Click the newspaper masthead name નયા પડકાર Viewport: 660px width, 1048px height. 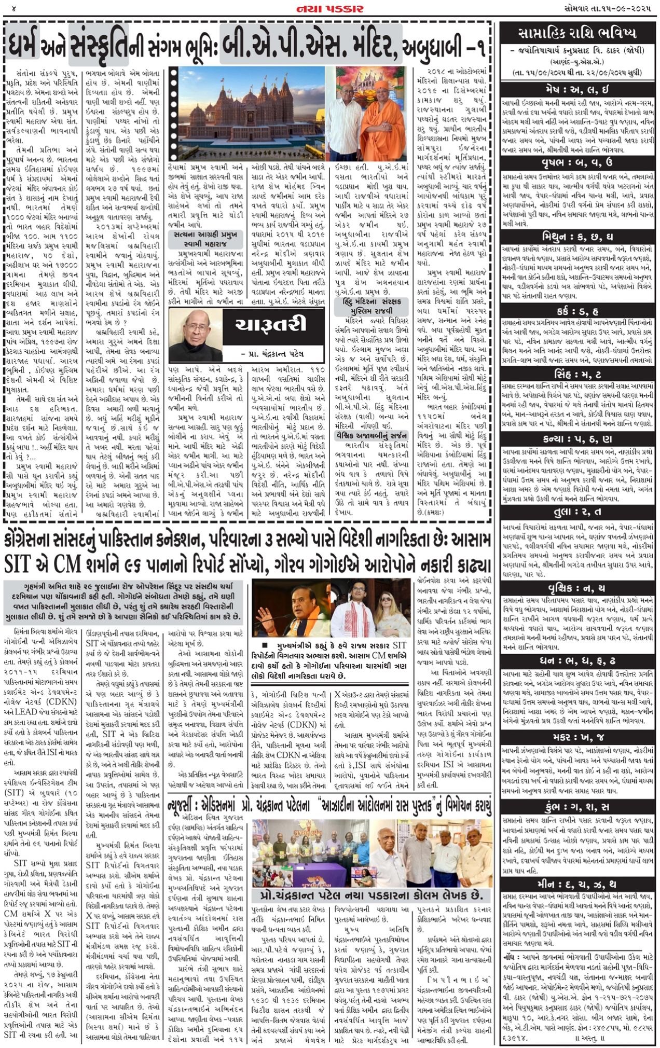tap(329, 8)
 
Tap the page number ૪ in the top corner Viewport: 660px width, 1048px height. tap(14, 9)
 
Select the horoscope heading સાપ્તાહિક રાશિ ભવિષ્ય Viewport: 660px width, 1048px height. tap(576, 34)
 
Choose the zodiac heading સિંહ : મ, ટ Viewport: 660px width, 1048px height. tap(576, 374)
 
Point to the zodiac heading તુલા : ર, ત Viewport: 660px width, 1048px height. tap(576, 512)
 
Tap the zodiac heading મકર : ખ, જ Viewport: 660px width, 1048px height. tap(576, 738)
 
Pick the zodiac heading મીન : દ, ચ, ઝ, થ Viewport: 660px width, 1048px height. tap(576, 884)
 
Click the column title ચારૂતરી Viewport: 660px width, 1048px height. tap(270, 325)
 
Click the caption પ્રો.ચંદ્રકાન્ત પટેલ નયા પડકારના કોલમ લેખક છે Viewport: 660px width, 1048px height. tap(371, 895)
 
